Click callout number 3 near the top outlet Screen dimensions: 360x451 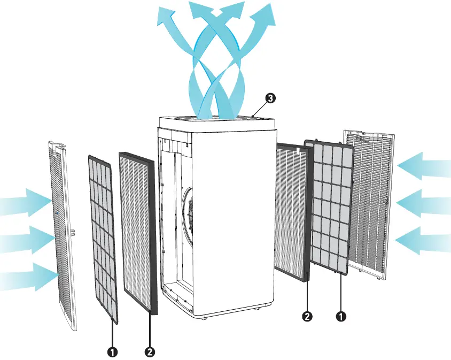click(271, 98)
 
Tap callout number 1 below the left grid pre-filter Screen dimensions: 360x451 click(113, 352)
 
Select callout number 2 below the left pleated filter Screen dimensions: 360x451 click(150, 352)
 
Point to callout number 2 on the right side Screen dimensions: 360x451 click(307, 316)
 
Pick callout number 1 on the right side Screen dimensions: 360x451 click(340, 316)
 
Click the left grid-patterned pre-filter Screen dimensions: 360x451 click(102, 238)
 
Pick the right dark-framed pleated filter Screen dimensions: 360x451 click(291, 209)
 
